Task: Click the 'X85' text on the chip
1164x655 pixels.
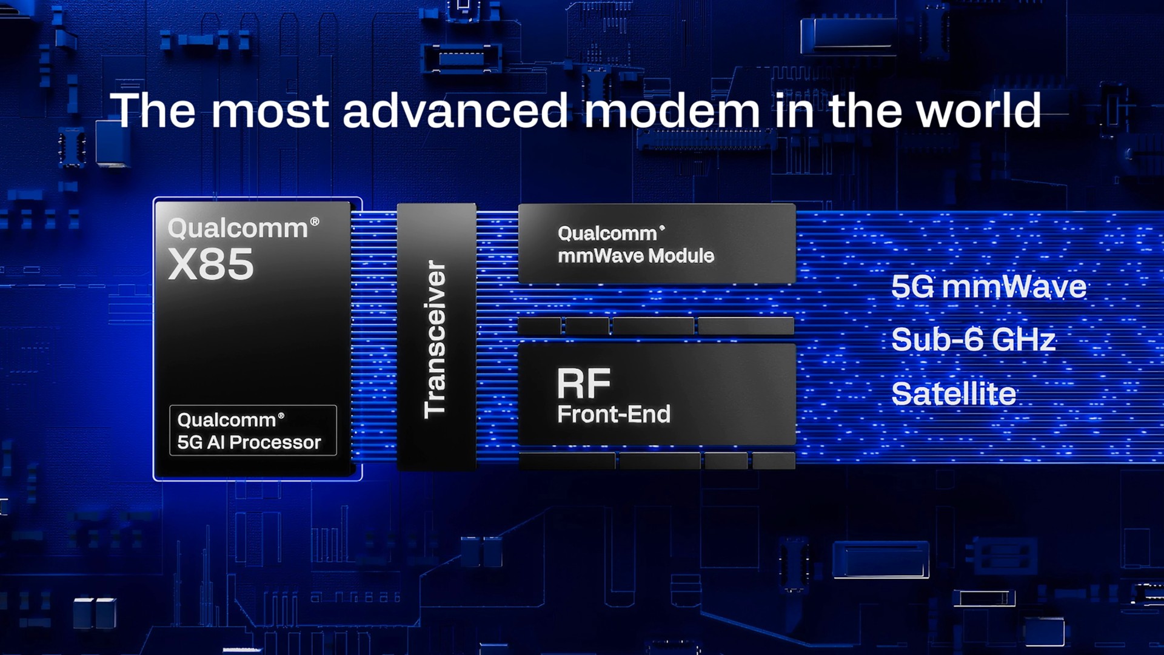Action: pyautogui.click(x=210, y=264)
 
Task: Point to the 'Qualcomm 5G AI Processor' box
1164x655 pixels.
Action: pyautogui.click(x=253, y=431)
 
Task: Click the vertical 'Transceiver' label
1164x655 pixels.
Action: pyautogui.click(x=435, y=339)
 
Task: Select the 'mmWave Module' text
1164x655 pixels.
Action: pyautogui.click(x=636, y=256)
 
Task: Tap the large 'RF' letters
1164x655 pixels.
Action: pyautogui.click(x=584, y=383)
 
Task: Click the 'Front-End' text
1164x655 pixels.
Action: pyautogui.click(x=614, y=414)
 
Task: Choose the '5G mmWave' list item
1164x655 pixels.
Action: pyautogui.click(x=989, y=287)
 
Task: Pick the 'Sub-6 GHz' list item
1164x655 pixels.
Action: pyautogui.click(x=974, y=340)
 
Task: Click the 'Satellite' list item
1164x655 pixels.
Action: pyautogui.click(x=954, y=394)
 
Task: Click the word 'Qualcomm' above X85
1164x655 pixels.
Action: pyautogui.click(x=238, y=229)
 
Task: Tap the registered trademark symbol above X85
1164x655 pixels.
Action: pyautogui.click(x=315, y=221)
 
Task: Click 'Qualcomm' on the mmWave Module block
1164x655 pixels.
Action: pyautogui.click(x=607, y=233)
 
